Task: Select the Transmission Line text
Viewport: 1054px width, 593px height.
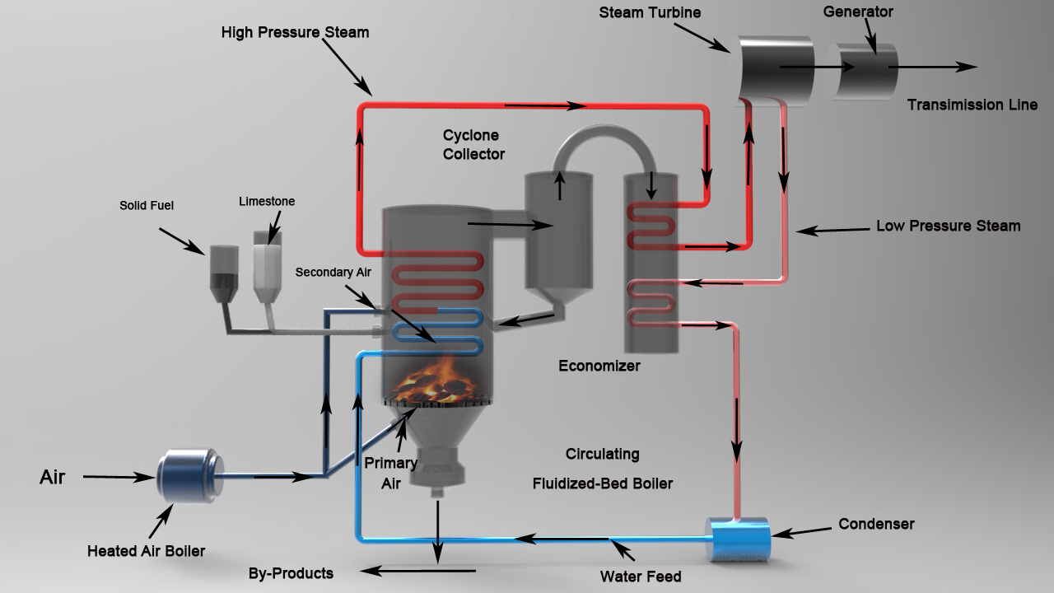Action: point(972,105)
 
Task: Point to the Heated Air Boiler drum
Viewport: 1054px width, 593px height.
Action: point(188,475)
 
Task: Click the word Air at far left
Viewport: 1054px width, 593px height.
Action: point(52,477)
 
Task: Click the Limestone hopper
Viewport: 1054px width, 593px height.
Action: point(266,264)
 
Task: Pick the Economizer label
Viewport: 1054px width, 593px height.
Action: point(599,366)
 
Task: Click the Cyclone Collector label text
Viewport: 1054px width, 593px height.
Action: point(473,144)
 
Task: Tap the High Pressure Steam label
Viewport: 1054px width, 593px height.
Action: point(295,32)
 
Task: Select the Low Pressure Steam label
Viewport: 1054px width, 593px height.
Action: point(948,226)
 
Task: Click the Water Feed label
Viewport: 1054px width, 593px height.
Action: point(641,576)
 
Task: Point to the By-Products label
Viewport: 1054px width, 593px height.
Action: point(291,572)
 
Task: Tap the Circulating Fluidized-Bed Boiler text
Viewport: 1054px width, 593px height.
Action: point(602,469)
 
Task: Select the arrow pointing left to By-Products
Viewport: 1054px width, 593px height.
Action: point(403,569)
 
